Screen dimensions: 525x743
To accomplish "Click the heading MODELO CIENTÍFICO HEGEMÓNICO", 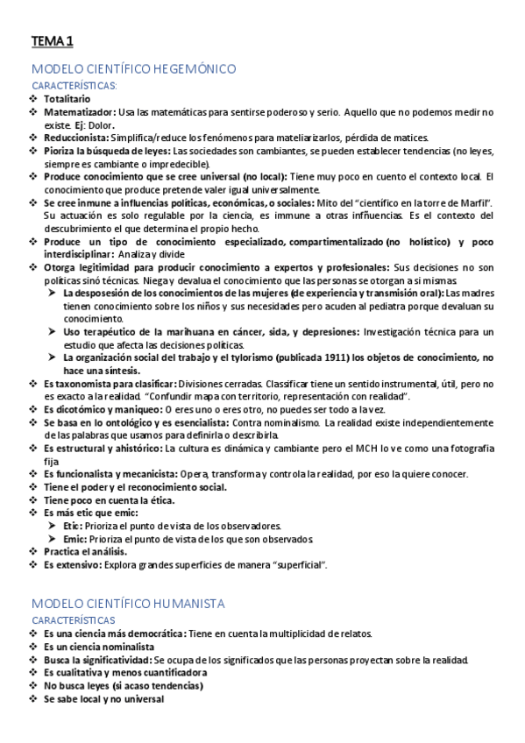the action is coord(133,68).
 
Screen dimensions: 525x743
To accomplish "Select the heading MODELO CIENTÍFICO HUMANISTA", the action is coord(129,604).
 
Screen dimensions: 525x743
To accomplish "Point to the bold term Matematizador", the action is coord(78,112).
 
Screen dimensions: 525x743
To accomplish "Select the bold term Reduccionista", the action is coord(76,138).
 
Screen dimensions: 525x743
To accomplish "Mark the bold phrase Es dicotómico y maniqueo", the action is coord(103,409).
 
